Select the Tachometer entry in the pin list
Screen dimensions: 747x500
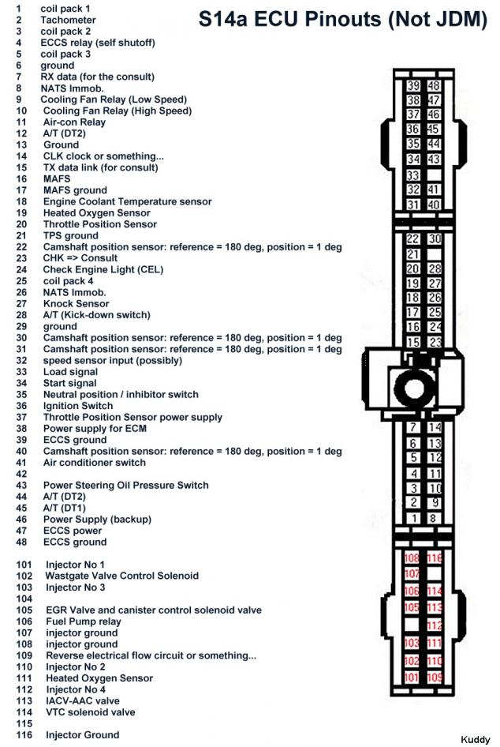point(67,20)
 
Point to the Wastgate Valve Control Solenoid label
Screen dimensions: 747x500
point(122,576)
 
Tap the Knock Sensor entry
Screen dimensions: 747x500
point(76,303)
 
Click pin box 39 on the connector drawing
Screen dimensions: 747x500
point(413,85)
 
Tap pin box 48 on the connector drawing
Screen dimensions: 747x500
point(433,85)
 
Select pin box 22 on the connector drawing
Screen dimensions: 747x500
point(413,239)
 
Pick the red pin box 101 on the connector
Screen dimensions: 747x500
point(412,678)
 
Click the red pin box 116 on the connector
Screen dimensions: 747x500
point(434,559)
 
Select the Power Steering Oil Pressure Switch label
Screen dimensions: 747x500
point(125,485)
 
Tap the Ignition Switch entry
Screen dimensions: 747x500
point(78,406)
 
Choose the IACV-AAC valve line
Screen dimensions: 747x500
point(83,700)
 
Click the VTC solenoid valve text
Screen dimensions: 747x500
point(90,712)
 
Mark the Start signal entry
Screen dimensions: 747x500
point(69,383)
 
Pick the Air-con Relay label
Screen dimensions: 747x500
point(74,122)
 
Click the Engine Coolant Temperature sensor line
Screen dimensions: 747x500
point(127,201)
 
